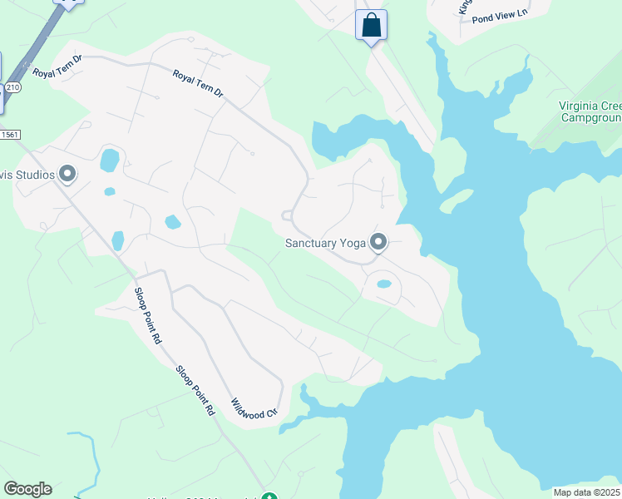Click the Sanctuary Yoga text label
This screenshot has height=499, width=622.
[x=325, y=243]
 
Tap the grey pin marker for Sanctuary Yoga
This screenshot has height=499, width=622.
[x=378, y=242]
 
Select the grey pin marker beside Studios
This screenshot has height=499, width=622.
[x=67, y=175]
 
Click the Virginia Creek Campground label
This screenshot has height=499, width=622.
[x=590, y=111]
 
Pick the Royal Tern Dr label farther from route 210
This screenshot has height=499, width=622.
[x=198, y=86]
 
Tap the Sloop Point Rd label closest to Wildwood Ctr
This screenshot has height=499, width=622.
[x=195, y=391]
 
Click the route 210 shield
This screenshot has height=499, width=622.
[x=12, y=86]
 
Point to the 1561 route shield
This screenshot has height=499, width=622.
[x=8, y=134]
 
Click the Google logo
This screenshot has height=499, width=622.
[x=27, y=489]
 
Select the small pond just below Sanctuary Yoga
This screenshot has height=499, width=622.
[x=383, y=284]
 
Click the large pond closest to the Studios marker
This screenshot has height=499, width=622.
[x=109, y=160]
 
